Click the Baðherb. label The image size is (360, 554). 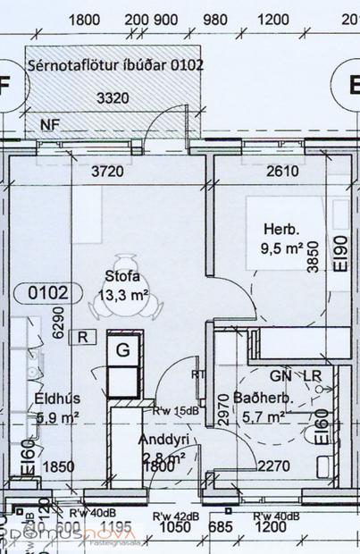tap(258, 397)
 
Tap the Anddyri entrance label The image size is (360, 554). tap(163, 440)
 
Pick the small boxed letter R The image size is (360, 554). tap(83, 337)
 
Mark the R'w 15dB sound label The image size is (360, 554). tap(174, 412)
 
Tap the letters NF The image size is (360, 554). tap(48, 124)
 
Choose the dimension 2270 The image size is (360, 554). tap(274, 465)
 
